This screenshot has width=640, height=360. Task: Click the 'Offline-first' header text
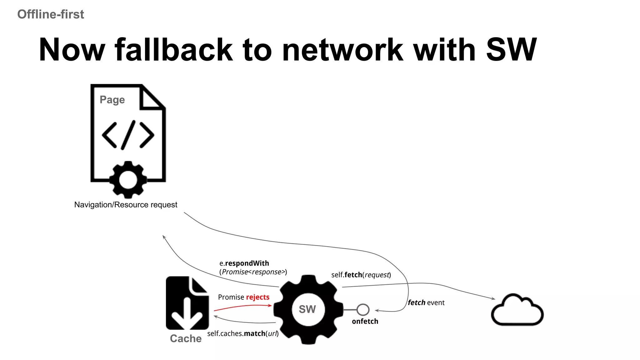tap(51, 14)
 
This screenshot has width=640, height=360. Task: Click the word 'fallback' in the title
tap(174, 50)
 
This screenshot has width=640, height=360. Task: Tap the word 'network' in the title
tap(342, 50)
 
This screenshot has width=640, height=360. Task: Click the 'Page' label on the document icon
tap(112, 100)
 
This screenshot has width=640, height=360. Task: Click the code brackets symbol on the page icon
tap(128, 135)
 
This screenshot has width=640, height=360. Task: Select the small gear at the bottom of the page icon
tap(128, 180)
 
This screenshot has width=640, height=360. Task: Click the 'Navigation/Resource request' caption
tap(126, 205)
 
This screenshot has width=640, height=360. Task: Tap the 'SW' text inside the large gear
tap(307, 309)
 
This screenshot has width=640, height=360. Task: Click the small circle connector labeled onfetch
tap(363, 310)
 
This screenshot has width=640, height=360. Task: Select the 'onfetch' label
tap(365, 321)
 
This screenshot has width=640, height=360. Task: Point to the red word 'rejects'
tap(257, 297)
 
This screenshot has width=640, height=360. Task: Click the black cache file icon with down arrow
tap(187, 303)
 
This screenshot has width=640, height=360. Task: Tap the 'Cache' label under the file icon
tap(186, 338)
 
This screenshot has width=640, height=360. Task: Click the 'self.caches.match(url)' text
tap(243, 333)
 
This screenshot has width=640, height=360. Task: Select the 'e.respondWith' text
tap(244, 263)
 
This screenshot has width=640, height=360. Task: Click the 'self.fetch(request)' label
tap(361, 275)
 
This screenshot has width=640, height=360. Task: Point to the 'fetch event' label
tap(426, 302)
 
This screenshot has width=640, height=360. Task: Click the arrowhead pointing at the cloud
tap(493, 299)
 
